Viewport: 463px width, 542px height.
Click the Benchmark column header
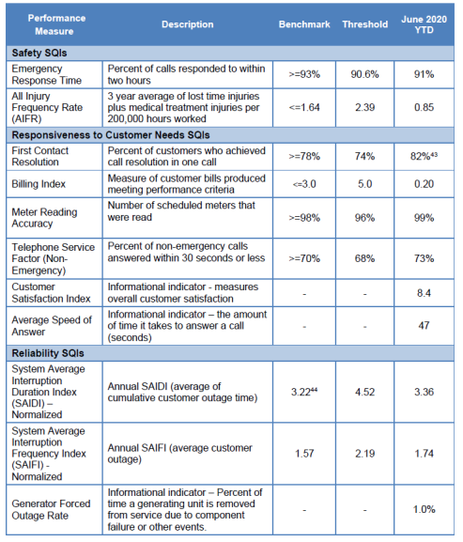304,24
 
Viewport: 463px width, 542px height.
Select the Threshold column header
365,24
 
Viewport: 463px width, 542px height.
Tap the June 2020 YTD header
424,24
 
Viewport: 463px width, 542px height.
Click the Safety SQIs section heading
39,53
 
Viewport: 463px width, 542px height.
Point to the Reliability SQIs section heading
48,353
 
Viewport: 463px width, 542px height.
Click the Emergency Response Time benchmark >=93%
304,74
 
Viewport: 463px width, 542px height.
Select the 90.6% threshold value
365,74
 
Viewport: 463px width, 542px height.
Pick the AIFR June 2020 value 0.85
424,107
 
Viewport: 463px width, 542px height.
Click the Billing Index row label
39,184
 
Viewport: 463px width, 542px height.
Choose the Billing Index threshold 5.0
365,184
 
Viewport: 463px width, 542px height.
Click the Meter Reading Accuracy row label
44,218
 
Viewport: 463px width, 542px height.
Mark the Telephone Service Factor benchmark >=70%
304,258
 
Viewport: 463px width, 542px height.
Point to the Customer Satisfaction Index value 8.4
424,293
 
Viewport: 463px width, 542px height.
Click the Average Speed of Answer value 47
424,326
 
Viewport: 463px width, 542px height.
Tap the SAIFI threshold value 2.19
365,453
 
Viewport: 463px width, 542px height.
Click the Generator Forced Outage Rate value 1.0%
424,509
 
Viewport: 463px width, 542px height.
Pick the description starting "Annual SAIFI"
179,453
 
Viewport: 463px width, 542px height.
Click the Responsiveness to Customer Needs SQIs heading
111,135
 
